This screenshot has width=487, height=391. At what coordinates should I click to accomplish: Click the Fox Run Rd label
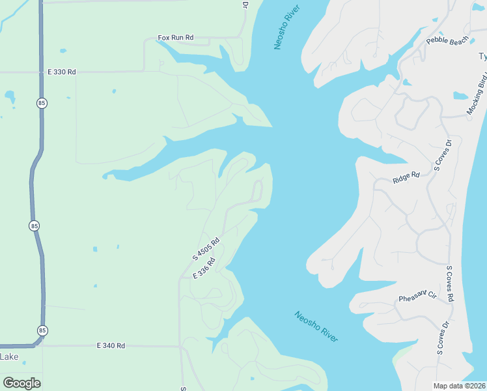click(x=176, y=38)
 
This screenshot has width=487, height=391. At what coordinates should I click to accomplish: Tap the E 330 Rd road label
click(x=62, y=72)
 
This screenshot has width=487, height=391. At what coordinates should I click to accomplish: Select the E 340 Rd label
click(x=111, y=345)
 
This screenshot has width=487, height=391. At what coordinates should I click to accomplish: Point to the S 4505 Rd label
click(x=206, y=249)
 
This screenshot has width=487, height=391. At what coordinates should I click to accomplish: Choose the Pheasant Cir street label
click(x=417, y=295)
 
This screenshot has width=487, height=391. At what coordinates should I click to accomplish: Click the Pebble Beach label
click(x=447, y=41)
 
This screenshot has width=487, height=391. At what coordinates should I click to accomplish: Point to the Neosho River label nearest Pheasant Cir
click(x=316, y=326)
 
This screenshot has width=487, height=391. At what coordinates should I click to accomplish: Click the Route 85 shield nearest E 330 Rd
click(x=42, y=103)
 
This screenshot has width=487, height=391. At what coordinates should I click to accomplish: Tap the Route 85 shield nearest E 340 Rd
click(x=42, y=330)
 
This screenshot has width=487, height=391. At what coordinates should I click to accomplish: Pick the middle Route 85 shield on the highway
click(x=34, y=225)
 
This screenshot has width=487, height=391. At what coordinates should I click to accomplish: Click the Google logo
click(x=21, y=383)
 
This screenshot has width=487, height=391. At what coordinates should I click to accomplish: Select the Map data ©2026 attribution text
click(x=458, y=386)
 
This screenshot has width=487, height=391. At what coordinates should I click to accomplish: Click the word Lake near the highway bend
click(x=9, y=356)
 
